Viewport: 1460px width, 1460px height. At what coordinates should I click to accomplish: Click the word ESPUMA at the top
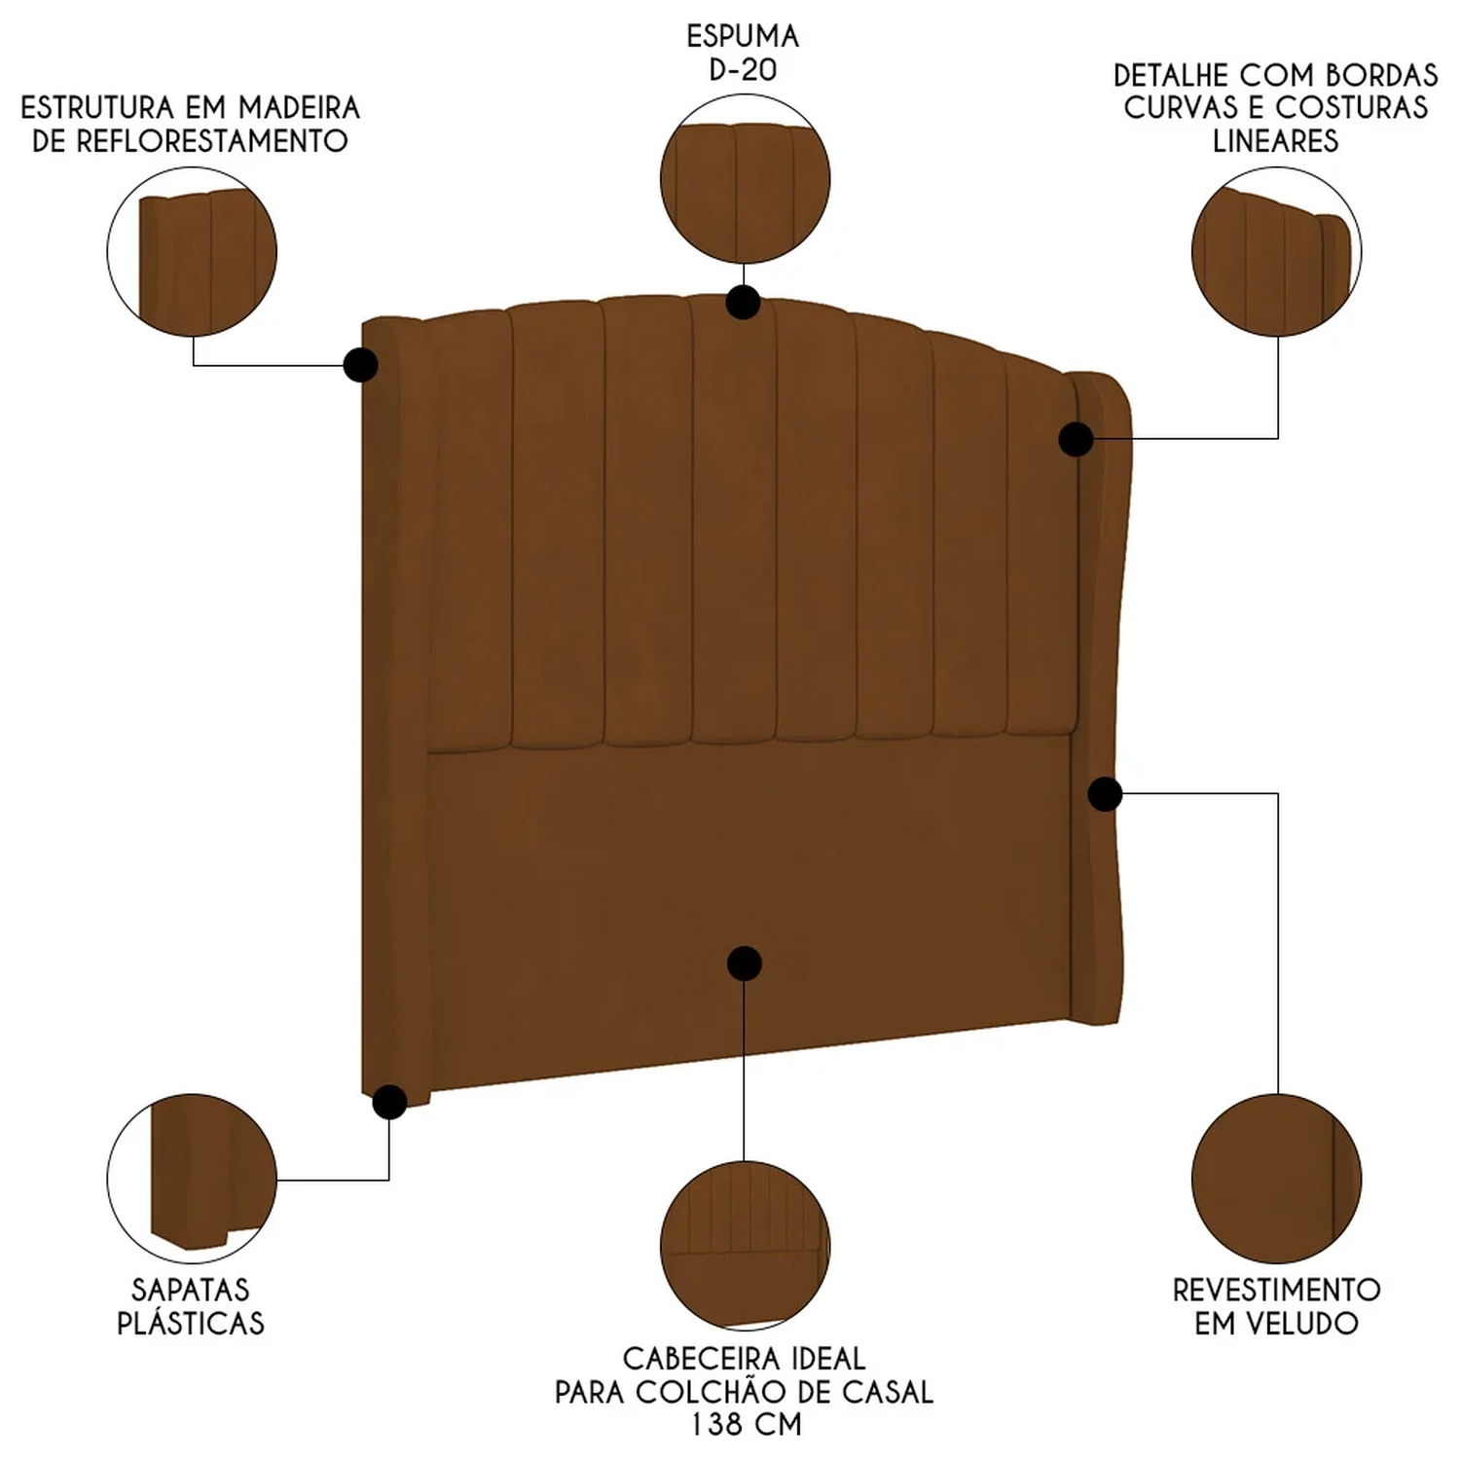tap(743, 36)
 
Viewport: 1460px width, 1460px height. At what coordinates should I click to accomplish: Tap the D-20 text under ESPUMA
tap(743, 70)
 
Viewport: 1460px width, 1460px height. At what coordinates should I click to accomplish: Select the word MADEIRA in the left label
tap(299, 107)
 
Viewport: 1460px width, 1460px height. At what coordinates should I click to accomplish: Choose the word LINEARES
tap(1275, 141)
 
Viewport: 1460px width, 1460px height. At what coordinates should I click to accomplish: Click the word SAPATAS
tap(191, 1290)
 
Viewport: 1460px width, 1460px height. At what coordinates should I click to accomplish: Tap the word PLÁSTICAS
tap(191, 1324)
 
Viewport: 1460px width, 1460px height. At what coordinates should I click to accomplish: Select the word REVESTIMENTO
tap(1276, 1290)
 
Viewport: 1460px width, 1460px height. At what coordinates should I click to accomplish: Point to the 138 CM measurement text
tap(746, 1425)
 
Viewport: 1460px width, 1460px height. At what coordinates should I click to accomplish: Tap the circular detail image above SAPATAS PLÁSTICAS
tap(192, 1178)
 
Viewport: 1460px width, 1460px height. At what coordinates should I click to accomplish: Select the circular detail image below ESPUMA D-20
tap(745, 180)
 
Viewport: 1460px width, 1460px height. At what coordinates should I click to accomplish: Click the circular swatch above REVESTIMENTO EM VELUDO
tap(1276, 1178)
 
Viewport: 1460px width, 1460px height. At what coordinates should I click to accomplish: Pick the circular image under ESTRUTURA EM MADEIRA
tap(192, 251)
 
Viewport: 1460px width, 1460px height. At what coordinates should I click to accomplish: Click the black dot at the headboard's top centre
tap(744, 302)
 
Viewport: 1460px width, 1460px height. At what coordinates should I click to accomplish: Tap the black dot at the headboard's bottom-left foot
tap(389, 1102)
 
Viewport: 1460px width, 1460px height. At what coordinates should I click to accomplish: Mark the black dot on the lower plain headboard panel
tap(745, 964)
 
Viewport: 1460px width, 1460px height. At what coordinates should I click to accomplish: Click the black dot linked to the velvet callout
tap(1105, 794)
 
